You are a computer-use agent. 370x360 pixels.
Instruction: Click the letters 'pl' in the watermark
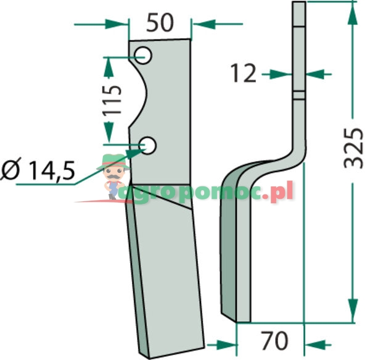click(284, 193)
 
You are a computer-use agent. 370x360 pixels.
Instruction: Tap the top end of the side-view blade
click(298, 6)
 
